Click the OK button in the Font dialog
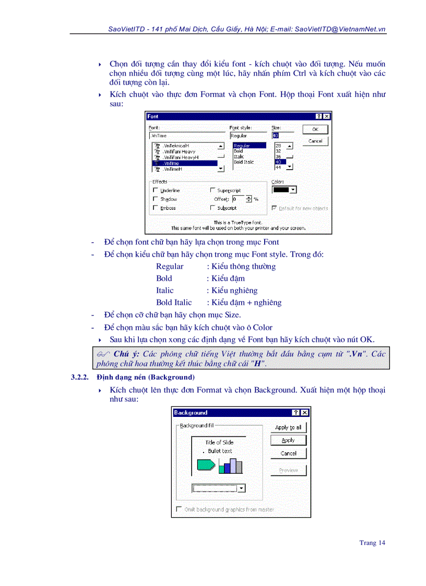pyautogui.click(x=315, y=129)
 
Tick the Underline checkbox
pyautogui.click(x=156, y=190)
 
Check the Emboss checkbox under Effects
pyautogui.click(x=156, y=208)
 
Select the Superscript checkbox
pyautogui.click(x=212, y=190)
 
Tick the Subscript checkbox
pyautogui.click(x=212, y=208)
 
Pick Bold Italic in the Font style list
pyautogui.click(x=244, y=162)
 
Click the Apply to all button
pyautogui.click(x=288, y=427)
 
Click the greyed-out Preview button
pyautogui.click(x=288, y=470)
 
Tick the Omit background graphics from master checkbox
pyautogui.click(x=179, y=509)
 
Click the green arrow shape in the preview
pyautogui.click(x=205, y=464)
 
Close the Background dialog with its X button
pyautogui.click(x=305, y=413)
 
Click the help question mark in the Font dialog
pyautogui.click(x=318, y=116)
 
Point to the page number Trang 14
pyautogui.click(x=372, y=543)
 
